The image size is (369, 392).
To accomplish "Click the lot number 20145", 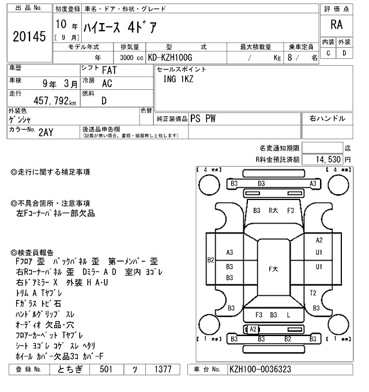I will pyautogui.click(x=28, y=37).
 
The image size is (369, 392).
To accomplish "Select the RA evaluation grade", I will pyautogui.click(x=335, y=25).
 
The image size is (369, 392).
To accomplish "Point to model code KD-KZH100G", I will pyautogui.click(x=171, y=58).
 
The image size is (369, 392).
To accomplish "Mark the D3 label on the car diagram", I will pyautogui.click(x=261, y=183).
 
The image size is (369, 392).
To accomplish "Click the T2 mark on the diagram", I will pyautogui.click(x=313, y=293).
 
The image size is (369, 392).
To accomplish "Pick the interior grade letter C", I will pyautogui.click(x=328, y=53).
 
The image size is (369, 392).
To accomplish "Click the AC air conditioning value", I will pyautogui.click(x=107, y=84).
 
